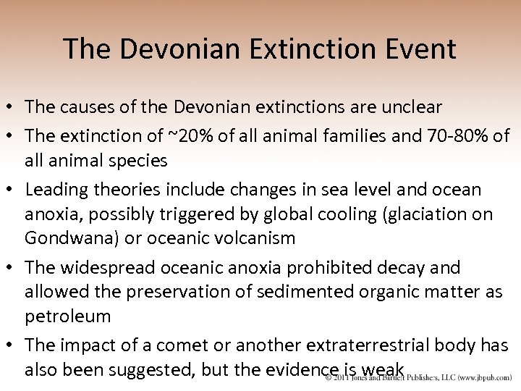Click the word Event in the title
(x=421, y=49)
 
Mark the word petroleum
(x=67, y=316)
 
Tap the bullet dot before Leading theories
(x=12, y=190)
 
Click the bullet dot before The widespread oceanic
(x=12, y=268)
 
